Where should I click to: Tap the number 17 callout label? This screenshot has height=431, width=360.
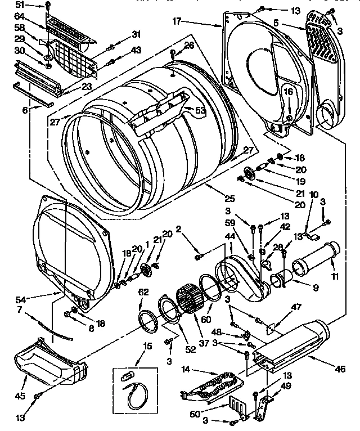[177, 22]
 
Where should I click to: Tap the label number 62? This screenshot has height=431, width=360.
[143, 291]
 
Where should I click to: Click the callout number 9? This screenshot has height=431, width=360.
[316, 288]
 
